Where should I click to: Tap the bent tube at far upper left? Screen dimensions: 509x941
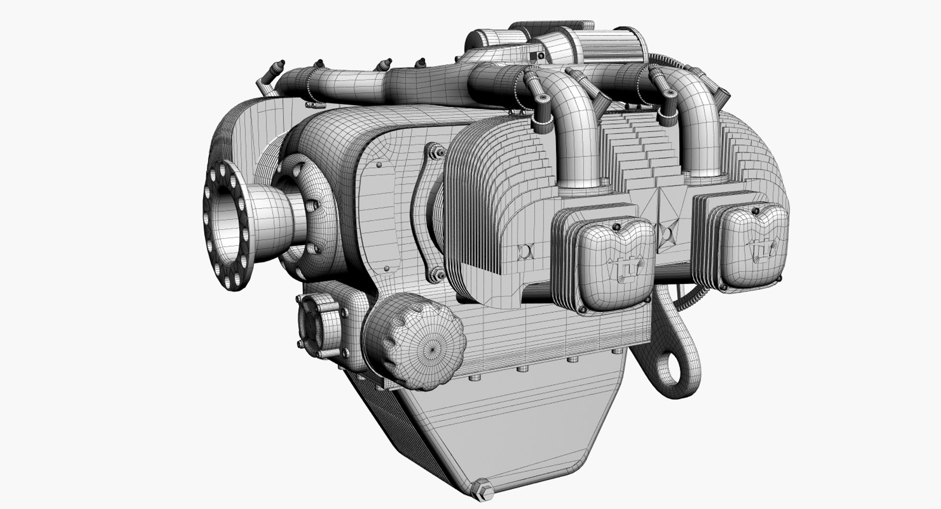coord(267,78)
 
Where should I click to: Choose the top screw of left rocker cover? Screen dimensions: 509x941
coord(616,227)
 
